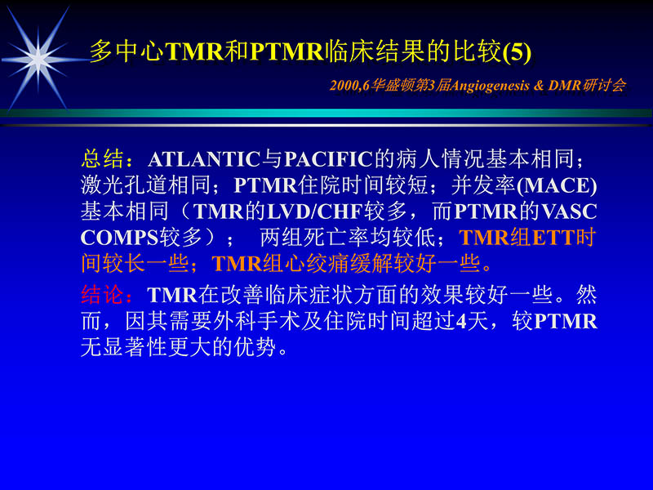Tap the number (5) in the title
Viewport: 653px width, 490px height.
pyautogui.click(x=516, y=52)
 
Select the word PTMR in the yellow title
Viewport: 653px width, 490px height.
pyautogui.click(x=287, y=52)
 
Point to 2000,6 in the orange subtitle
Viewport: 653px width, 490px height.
pyautogui.click(x=349, y=86)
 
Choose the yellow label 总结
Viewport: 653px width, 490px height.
pyautogui.click(x=103, y=158)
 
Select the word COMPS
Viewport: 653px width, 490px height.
pyautogui.click(x=118, y=238)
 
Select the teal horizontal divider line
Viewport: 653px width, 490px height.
pyautogui.click(x=326, y=114)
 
